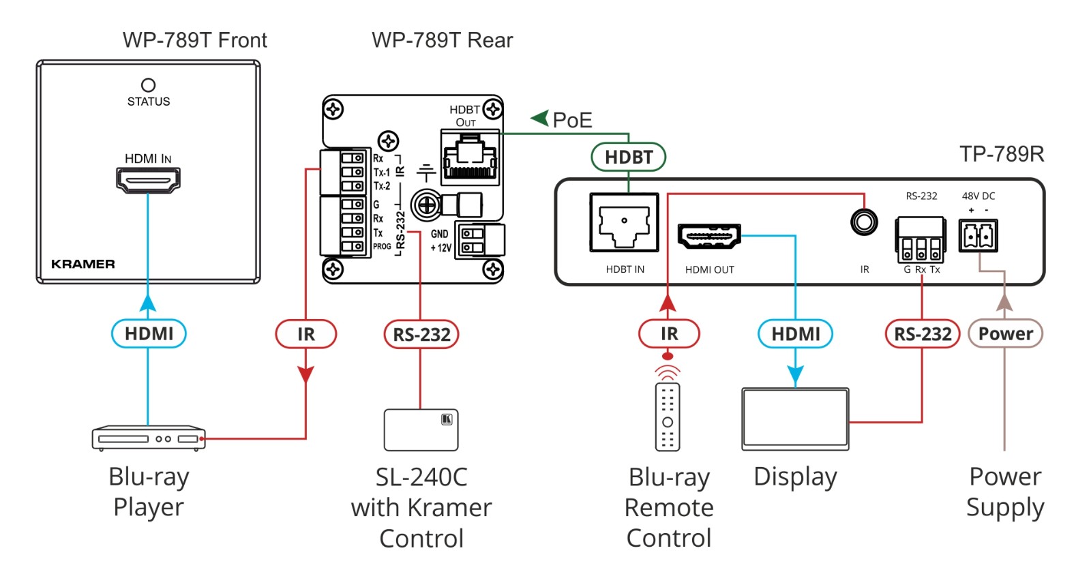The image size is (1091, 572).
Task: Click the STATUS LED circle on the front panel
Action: (148, 85)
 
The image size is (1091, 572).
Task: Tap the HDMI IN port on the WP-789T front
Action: (148, 180)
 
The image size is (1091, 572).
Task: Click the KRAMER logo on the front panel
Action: (83, 264)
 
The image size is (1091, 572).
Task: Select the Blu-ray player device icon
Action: (148, 438)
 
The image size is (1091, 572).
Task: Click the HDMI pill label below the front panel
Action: (149, 334)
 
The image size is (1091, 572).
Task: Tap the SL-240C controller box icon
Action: (421, 430)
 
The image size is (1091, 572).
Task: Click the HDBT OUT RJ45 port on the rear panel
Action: (470, 157)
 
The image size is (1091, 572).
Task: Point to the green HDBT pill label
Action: (628, 157)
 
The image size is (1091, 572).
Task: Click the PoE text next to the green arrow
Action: (572, 121)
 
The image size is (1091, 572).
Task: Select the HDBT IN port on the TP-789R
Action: (624, 223)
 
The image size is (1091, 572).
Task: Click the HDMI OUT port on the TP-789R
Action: (709, 237)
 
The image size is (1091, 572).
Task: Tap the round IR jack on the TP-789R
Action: (864, 222)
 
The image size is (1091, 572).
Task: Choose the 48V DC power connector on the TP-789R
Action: (978, 236)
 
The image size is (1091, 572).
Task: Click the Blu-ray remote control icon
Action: (668, 417)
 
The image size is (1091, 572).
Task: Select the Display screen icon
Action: (795, 419)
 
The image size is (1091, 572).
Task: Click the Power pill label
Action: (1005, 333)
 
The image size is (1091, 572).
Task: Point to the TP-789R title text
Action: (1002, 154)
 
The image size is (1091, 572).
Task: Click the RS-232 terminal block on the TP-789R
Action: (921, 240)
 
